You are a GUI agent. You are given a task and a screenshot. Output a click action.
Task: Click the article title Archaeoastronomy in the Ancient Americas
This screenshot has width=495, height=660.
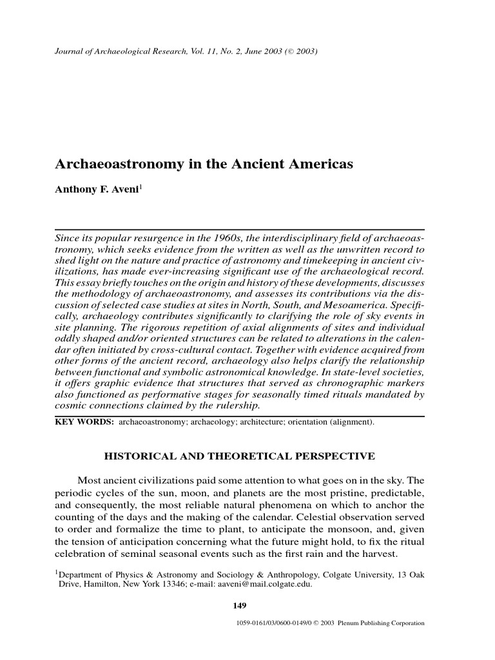point(204,164)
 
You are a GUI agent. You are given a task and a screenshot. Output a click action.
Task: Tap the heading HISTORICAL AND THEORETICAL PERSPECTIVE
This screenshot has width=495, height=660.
point(239,457)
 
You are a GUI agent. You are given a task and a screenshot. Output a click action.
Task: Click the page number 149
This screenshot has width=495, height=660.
point(239,605)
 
